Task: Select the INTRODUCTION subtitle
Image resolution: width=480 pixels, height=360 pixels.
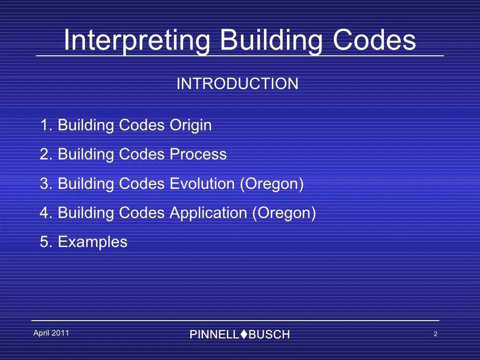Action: pyautogui.click(x=237, y=84)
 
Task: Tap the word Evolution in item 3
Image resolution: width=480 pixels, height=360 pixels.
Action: pyautogui.click(x=202, y=184)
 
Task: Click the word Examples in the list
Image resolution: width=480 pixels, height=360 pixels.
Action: pyautogui.click(x=92, y=242)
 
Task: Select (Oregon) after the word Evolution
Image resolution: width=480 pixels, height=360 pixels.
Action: pyautogui.click(x=272, y=184)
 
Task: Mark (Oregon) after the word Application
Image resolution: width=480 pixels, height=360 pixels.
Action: pyautogui.click(x=284, y=213)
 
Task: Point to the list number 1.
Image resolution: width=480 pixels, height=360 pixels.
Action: pyautogui.click(x=45, y=126)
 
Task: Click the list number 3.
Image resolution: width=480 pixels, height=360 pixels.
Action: pyautogui.click(x=45, y=184)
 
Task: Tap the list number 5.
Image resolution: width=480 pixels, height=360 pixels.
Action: pyautogui.click(x=45, y=242)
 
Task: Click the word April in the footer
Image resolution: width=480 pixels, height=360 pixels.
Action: pyautogui.click(x=41, y=333)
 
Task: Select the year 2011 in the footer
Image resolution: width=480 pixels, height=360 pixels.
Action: pyautogui.click(x=60, y=333)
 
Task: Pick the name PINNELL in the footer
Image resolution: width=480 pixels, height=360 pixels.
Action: pyautogui.click(x=214, y=335)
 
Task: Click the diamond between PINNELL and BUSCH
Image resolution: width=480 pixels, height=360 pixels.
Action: pyautogui.click(x=243, y=334)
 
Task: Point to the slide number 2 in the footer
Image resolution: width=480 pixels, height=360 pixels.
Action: pyautogui.click(x=435, y=334)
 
